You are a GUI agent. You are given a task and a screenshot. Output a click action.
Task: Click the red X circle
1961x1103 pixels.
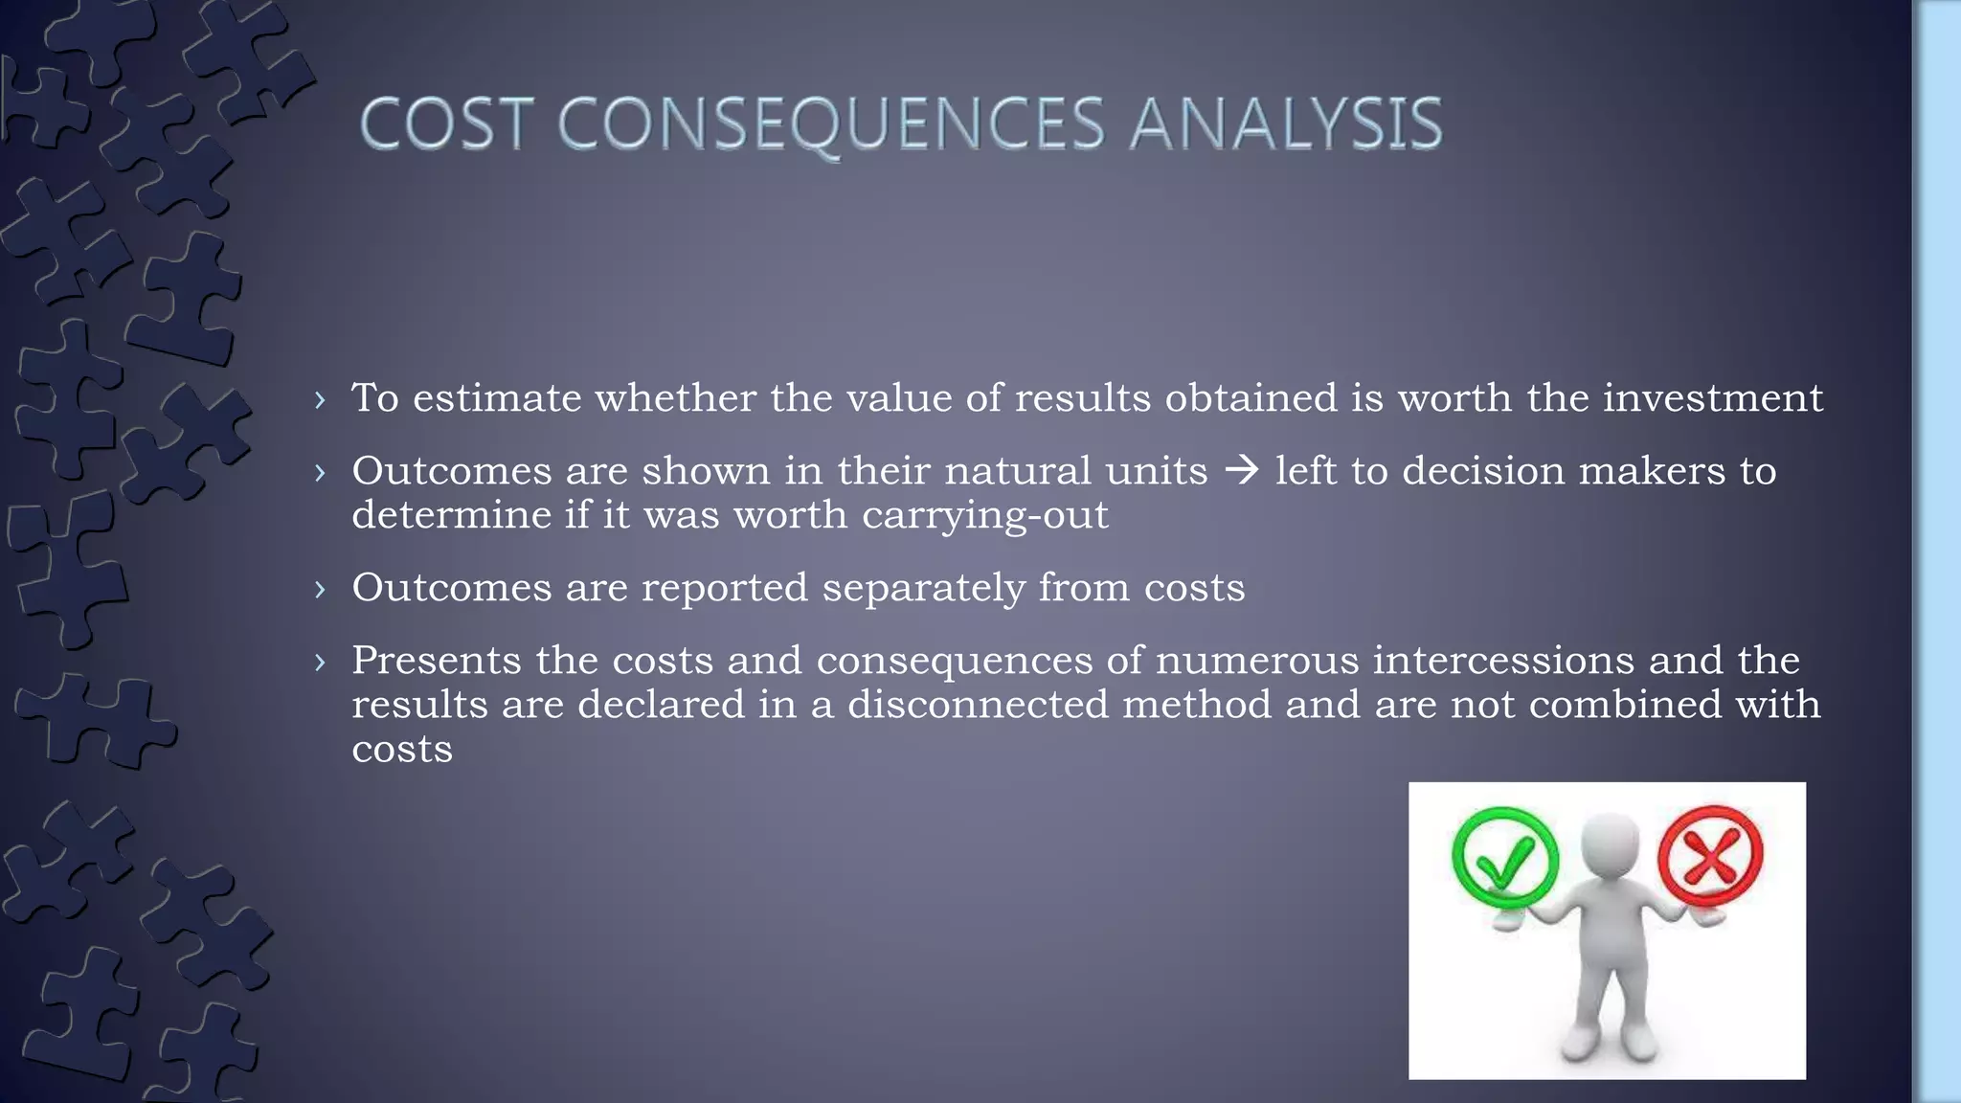[x=1710, y=855]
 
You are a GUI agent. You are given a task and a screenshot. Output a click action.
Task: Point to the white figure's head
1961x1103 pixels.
[x=1611, y=843]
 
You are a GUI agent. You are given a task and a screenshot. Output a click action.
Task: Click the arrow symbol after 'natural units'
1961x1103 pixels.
[x=1242, y=470]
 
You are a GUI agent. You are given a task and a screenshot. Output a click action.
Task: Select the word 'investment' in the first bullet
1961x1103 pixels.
[x=1713, y=398]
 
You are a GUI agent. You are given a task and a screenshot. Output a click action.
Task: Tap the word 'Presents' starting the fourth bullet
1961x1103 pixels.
[x=437, y=661]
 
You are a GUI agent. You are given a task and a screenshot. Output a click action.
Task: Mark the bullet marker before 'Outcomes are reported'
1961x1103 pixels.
[x=320, y=589]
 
